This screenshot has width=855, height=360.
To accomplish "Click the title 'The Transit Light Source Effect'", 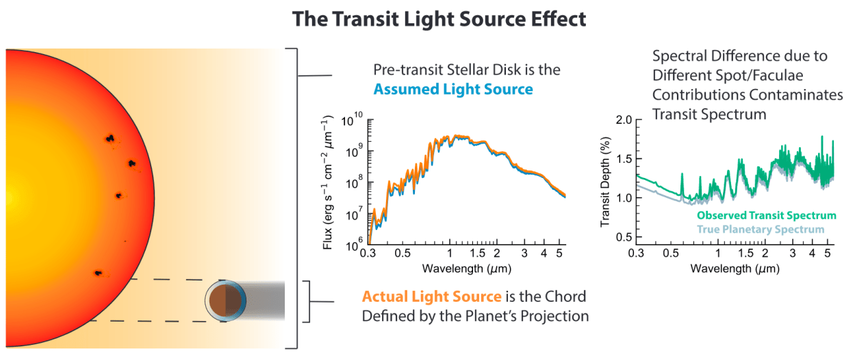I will (439, 18).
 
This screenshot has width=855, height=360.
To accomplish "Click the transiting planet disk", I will (227, 301).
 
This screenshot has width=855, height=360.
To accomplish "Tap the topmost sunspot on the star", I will (110, 138).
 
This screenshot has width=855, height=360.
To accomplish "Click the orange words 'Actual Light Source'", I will (431, 296).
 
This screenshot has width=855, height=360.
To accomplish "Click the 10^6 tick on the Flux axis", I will (350, 245).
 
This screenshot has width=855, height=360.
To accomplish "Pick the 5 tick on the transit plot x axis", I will (828, 253).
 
